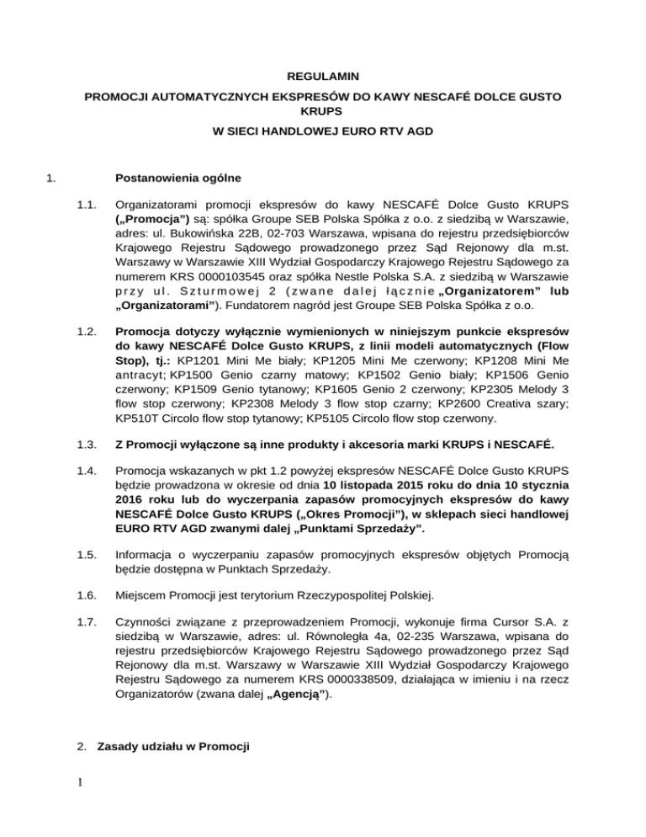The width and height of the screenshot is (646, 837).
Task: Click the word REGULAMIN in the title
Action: [323, 77]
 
